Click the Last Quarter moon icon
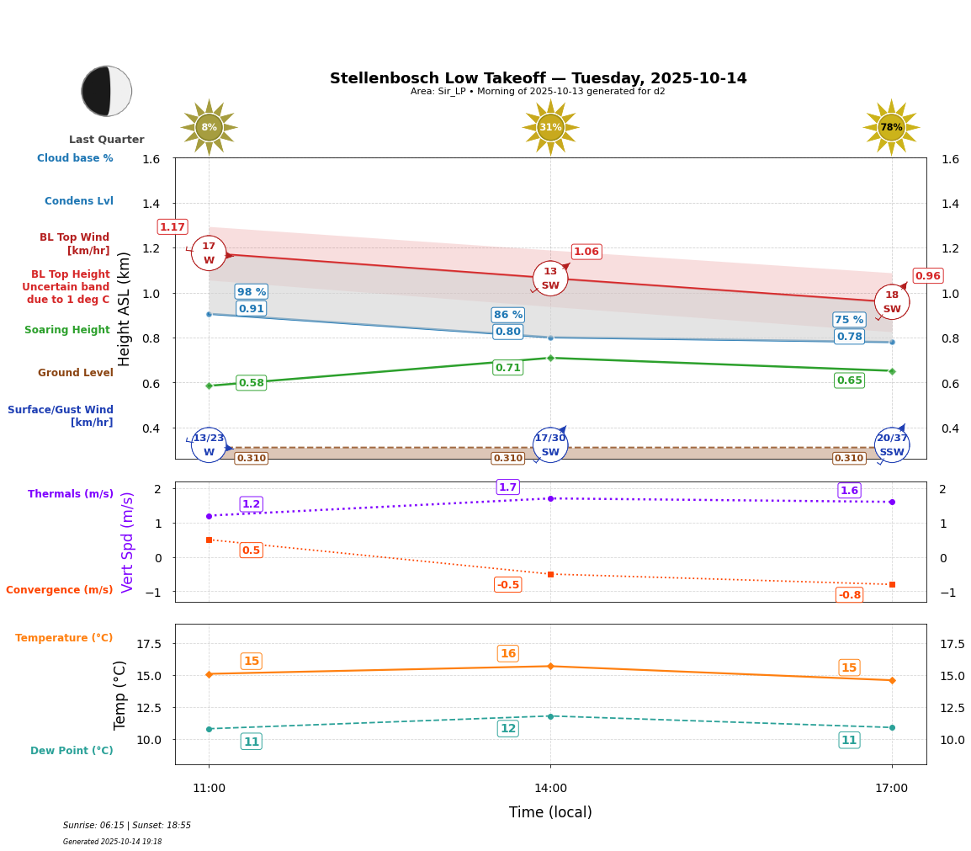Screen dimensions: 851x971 click(107, 91)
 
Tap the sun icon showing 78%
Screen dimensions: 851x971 click(891, 127)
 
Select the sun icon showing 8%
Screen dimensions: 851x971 click(209, 127)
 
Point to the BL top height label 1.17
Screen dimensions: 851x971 click(172, 227)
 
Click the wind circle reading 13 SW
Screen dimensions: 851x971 click(550, 279)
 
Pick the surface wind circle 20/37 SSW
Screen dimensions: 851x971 click(892, 445)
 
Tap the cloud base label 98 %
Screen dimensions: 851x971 click(252, 292)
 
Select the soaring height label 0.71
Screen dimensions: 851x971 click(508, 368)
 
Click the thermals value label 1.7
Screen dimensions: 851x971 click(507, 487)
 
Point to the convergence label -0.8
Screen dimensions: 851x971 click(850, 595)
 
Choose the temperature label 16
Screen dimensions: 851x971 click(508, 654)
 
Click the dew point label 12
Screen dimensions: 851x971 click(508, 729)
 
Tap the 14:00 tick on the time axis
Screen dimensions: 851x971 click(550, 788)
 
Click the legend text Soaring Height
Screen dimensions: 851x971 click(67, 330)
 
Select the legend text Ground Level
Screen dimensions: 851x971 click(76, 373)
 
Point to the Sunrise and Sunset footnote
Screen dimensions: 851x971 click(127, 826)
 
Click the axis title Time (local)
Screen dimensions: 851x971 click(550, 812)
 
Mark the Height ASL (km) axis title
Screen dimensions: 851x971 click(125, 308)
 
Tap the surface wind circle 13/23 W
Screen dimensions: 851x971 click(209, 445)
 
